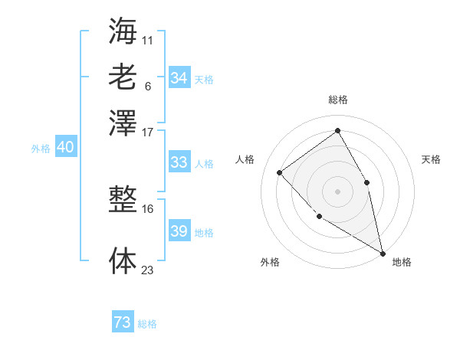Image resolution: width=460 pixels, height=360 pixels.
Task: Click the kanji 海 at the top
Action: coord(123,31)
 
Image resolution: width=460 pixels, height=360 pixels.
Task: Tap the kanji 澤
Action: coord(123,122)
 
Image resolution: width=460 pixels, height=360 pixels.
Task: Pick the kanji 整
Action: coord(123,201)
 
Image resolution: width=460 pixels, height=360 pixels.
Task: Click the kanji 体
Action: coord(123,260)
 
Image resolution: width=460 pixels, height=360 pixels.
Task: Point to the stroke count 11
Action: coord(147,39)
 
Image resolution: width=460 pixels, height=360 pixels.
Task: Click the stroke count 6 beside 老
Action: coord(147,85)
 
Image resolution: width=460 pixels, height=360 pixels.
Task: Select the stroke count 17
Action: coord(147,131)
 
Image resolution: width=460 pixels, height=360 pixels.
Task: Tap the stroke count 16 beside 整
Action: coord(147,208)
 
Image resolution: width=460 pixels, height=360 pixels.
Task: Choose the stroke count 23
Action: coord(147,269)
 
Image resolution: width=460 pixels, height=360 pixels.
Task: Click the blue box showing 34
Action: coord(179,78)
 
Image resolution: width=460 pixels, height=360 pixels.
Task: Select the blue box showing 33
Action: coord(179,162)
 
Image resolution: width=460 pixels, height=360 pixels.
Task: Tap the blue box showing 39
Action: coord(179,232)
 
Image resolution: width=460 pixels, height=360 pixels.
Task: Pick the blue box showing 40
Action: coord(65,148)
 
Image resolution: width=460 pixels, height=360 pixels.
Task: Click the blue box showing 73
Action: coord(123,322)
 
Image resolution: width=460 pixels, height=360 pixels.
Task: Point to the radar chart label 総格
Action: coord(337,100)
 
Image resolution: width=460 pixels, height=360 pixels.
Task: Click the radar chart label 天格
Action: coord(431,159)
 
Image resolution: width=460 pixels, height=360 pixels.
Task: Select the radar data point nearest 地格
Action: coord(383,252)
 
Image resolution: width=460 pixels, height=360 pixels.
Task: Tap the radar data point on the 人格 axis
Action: coord(280,172)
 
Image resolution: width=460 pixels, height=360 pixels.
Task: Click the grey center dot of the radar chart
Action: coord(337,191)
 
